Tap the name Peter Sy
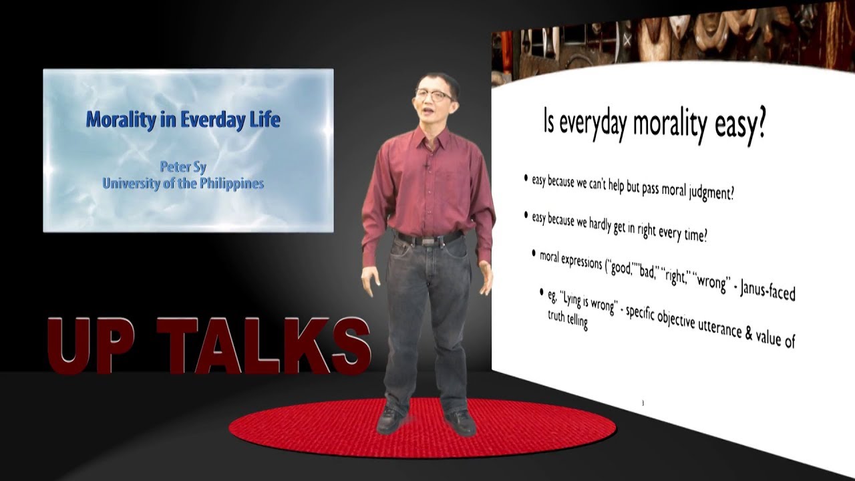click(183, 166)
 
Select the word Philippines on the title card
click(231, 183)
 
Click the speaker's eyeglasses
click(434, 96)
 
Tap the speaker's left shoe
click(460, 421)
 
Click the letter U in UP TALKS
click(71, 345)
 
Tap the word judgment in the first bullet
click(709, 194)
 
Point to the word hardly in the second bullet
click(607, 225)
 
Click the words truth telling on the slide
click(568, 321)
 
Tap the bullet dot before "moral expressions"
click(534, 254)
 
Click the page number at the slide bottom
click(642, 402)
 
